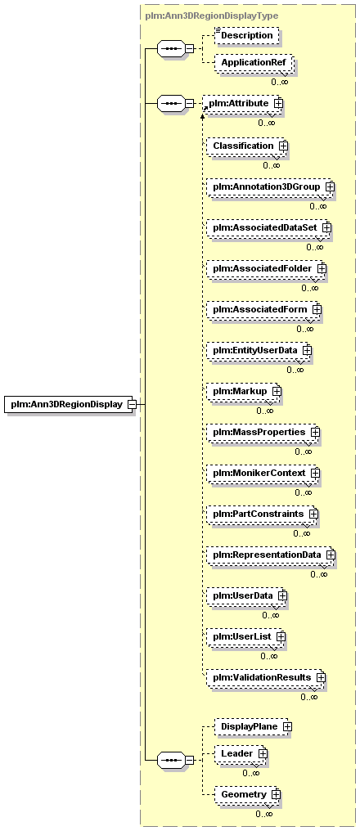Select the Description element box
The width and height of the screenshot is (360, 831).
pos(246,35)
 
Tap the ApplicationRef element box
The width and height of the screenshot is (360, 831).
pos(254,62)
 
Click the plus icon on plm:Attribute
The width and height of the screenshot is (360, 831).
pos(278,103)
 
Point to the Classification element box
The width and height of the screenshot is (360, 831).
pos(245,146)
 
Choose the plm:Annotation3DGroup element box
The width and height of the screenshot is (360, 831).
pos(269,186)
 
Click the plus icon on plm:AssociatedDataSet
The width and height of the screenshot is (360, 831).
pos(326,227)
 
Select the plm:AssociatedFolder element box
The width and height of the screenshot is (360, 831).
pos(264,269)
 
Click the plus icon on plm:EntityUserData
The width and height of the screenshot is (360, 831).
pos(307,350)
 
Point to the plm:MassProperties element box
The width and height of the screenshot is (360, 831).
pos(261,432)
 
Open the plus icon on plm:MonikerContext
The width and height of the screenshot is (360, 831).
pos(316,472)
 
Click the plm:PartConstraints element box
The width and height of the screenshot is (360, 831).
pos(260,514)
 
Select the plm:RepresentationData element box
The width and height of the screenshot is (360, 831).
pos(269,555)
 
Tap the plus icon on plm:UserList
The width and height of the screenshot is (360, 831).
pos(281,636)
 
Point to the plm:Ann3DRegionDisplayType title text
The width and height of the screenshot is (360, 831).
pos(212,16)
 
